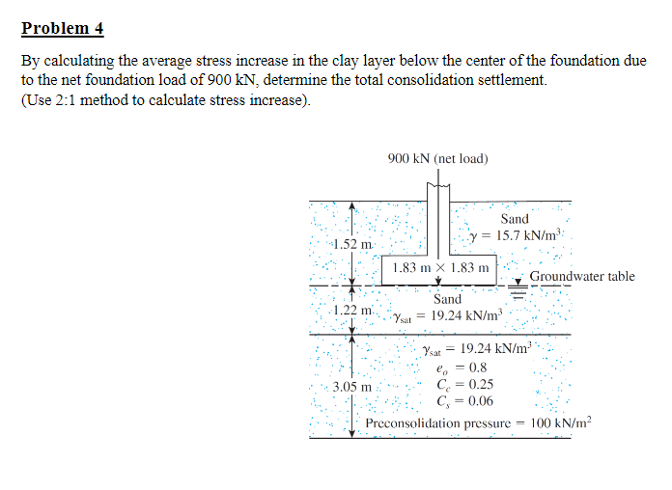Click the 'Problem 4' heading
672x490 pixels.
click(x=63, y=28)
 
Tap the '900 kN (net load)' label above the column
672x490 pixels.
click(x=437, y=157)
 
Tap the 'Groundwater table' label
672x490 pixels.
click(x=582, y=277)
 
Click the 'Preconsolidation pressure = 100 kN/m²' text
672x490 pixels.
click(x=478, y=422)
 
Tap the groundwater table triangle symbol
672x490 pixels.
click(x=518, y=281)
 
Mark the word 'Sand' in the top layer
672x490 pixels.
click(x=515, y=219)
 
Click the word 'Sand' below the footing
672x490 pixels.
click(x=447, y=300)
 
